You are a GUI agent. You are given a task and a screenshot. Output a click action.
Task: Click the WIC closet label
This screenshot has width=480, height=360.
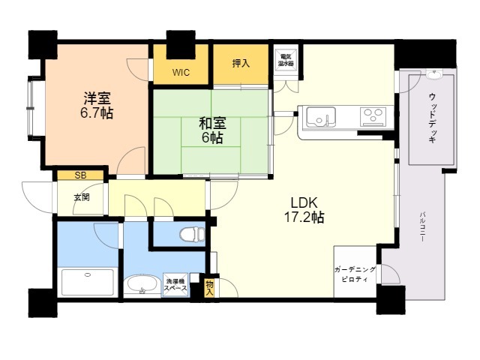(x=181, y=73)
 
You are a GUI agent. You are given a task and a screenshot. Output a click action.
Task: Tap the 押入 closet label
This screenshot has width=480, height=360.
(x=241, y=63)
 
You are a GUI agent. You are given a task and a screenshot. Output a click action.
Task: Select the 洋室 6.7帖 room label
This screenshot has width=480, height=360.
(x=97, y=106)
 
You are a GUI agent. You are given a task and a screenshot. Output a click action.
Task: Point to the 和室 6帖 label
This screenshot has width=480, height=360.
(x=212, y=130)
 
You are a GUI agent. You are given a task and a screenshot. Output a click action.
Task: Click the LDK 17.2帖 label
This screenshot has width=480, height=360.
(x=304, y=210)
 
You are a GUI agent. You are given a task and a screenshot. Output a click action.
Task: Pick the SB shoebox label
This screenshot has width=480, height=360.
(x=80, y=175)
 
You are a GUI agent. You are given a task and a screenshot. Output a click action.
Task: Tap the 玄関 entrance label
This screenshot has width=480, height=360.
(x=82, y=197)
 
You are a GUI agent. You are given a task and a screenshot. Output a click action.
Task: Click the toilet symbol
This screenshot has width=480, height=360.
(x=192, y=235)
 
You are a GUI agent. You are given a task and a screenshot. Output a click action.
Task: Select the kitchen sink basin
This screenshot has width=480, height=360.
(x=321, y=116)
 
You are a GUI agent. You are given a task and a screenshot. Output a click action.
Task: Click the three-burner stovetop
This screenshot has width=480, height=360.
(x=373, y=117)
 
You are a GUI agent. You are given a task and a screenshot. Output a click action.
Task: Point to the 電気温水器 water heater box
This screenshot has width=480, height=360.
(x=286, y=61)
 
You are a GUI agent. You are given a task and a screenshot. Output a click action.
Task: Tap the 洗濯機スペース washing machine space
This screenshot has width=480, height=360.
(x=175, y=284)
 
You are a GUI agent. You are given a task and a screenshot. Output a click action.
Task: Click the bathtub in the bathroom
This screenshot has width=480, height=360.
(x=88, y=283)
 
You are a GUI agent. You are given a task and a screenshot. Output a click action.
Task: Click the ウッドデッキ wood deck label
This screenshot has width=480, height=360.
(x=432, y=118)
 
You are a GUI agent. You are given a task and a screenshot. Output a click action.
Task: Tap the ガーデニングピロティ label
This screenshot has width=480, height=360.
(x=355, y=274)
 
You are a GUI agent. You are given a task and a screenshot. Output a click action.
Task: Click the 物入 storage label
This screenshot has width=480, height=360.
(x=209, y=287)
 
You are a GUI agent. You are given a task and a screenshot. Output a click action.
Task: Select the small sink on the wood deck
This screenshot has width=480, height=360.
(x=434, y=75)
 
